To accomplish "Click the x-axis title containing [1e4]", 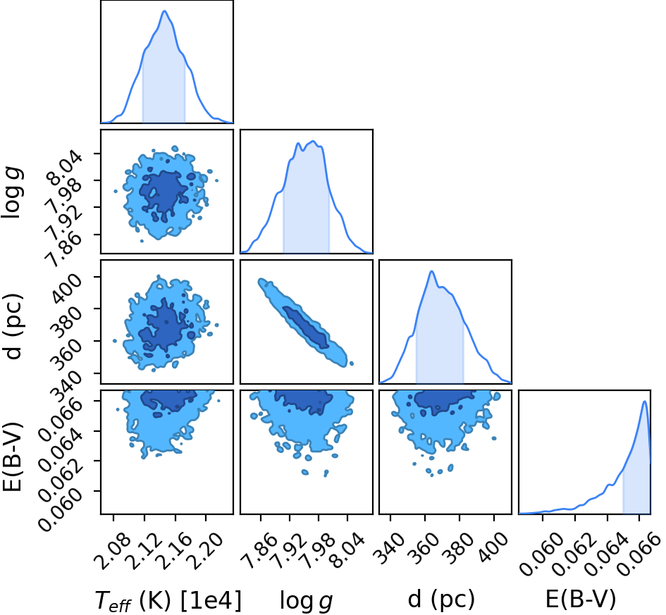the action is click(168, 600).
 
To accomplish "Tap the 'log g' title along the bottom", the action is click(306, 601).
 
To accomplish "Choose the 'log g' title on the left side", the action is click(13, 192).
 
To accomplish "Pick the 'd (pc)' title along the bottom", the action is click(441, 599).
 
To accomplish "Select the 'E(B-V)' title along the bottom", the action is click(580, 599).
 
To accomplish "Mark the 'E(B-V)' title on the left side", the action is click(12, 456).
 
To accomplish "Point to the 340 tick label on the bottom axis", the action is click(390, 547).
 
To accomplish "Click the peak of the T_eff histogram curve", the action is click(165, 11).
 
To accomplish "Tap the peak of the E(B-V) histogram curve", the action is click(645, 401).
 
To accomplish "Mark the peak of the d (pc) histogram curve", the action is click(431, 271).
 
